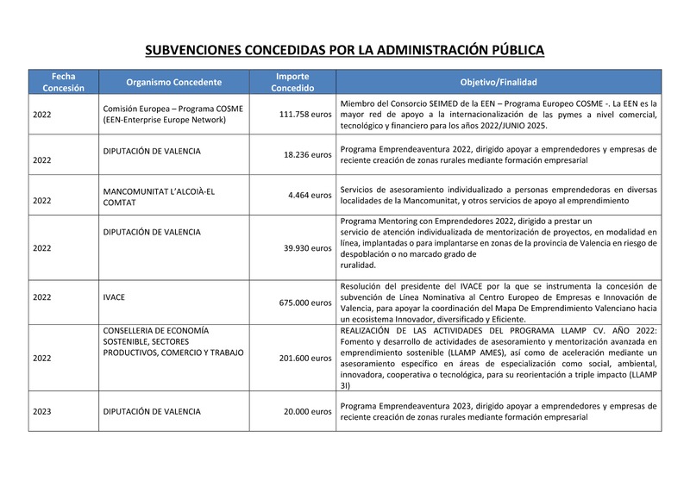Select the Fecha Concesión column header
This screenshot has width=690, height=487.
pos(63,82)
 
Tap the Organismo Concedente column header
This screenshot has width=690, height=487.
pos(173,83)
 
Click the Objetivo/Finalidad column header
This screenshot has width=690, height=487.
pos(498,83)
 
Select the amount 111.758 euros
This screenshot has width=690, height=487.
pos(305,114)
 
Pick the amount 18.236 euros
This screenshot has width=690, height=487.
pos(308,155)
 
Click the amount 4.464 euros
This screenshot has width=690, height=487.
pos(310,196)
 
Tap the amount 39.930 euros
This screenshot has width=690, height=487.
pos(308,248)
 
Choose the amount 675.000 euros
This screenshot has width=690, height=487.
pos(305,303)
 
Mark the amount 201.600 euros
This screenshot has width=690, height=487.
pos(305,358)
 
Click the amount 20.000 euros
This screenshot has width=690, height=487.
pos(308,412)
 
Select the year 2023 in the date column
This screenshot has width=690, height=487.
pos(42,412)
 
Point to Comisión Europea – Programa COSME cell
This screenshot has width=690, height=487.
pos(172,109)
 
